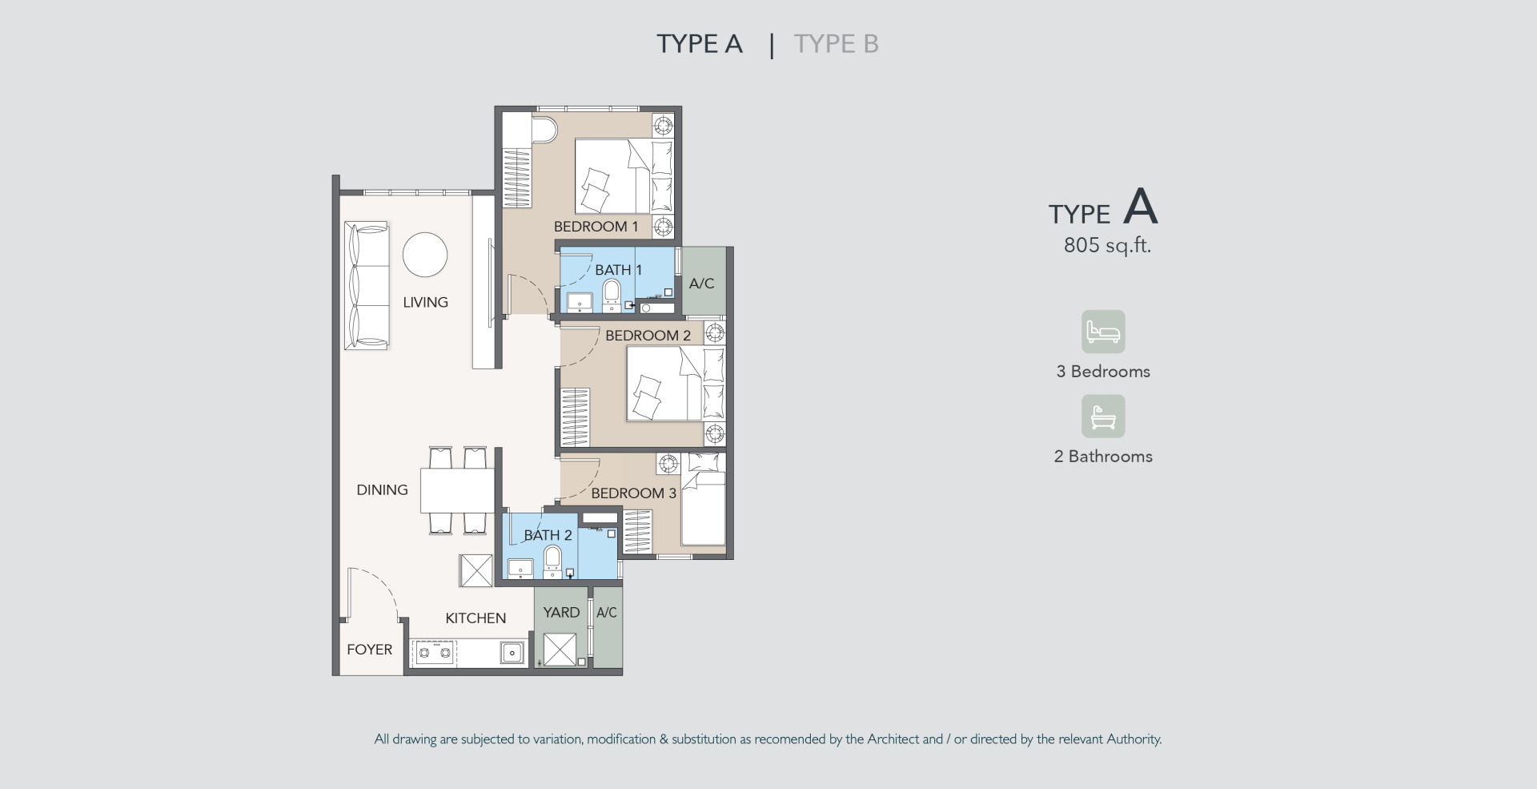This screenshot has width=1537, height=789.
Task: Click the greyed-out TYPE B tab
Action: coord(836,43)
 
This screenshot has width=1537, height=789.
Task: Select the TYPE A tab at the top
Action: coord(700,43)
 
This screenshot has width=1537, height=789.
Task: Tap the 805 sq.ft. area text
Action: coord(1107,245)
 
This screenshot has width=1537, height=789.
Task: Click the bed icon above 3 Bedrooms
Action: coord(1103,332)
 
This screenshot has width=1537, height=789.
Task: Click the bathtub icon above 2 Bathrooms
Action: coord(1103,416)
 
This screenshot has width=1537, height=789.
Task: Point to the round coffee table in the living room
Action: coord(424,255)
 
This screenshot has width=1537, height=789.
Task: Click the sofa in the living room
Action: coord(367,285)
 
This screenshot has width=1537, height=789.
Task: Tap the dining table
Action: coord(457,490)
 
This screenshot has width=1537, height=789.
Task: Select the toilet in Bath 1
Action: coord(612,295)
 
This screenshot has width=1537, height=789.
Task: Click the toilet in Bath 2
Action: coord(553,562)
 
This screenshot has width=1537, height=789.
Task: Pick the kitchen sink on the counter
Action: coord(512,653)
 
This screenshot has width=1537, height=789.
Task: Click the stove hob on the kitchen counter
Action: coord(435,653)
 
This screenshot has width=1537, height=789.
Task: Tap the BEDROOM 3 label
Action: coord(634,493)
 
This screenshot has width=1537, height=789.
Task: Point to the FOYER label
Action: coord(369,650)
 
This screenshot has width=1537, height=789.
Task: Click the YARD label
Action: coord(561,613)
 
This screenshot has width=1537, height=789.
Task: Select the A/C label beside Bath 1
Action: coord(701,284)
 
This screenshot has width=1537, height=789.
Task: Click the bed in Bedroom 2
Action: coord(675,384)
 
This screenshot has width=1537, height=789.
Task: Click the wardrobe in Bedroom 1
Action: coord(516,179)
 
